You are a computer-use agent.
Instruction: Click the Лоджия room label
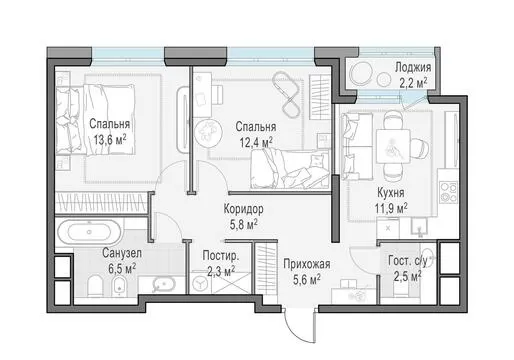[x=413, y=67]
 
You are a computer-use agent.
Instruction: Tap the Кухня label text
[x=391, y=193]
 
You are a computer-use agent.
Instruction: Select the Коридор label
[x=243, y=209]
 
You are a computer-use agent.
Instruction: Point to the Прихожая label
[x=307, y=264]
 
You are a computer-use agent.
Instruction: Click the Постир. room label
[x=221, y=256]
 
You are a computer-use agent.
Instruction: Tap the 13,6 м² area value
[x=110, y=140]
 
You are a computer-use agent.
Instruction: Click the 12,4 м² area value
[x=256, y=142]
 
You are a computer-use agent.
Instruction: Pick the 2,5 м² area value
[x=407, y=276]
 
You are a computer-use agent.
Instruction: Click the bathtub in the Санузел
[x=89, y=232]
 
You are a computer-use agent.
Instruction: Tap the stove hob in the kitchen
[x=448, y=192]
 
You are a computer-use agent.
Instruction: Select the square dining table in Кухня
[x=393, y=146]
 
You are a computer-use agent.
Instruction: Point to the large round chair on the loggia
[x=361, y=73]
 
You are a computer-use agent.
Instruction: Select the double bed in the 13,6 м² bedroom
[x=96, y=120]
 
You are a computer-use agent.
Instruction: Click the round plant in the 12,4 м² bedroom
[x=207, y=130]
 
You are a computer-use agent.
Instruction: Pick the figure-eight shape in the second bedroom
[x=286, y=95]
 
